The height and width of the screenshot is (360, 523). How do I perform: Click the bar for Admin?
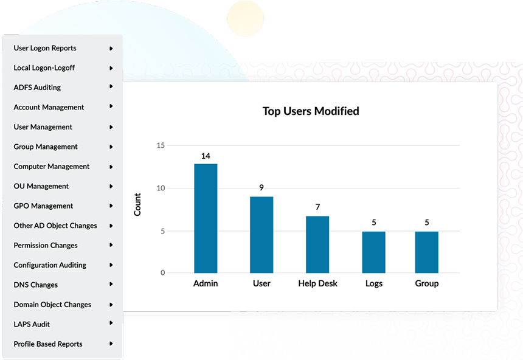point(206,218)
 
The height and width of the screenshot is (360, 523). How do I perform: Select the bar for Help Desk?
point(317,244)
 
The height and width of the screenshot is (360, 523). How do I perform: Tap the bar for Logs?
point(373,252)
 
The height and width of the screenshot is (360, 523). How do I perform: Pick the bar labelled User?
point(261,235)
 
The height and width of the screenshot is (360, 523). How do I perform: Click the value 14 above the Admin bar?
point(206,156)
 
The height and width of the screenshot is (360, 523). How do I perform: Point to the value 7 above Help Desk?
point(317,207)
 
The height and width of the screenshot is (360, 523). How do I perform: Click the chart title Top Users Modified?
point(311,111)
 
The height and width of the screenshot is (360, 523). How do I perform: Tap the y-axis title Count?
point(137,204)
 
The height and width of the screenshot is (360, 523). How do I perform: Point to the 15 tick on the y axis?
point(161,145)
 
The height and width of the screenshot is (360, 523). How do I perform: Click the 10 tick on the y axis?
point(161,188)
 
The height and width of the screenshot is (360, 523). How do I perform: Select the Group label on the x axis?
point(427,283)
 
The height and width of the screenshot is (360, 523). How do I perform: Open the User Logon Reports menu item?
point(45,48)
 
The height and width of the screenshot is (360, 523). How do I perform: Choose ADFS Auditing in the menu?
point(37,88)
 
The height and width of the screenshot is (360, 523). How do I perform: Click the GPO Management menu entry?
point(43,206)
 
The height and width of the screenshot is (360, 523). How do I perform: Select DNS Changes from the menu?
point(36,285)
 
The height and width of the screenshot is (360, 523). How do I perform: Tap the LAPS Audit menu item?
point(32,324)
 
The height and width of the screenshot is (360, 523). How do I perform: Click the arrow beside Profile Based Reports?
point(111,344)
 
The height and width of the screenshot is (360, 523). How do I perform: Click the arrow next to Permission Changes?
point(111,245)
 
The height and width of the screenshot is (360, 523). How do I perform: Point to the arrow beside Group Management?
point(111,147)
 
